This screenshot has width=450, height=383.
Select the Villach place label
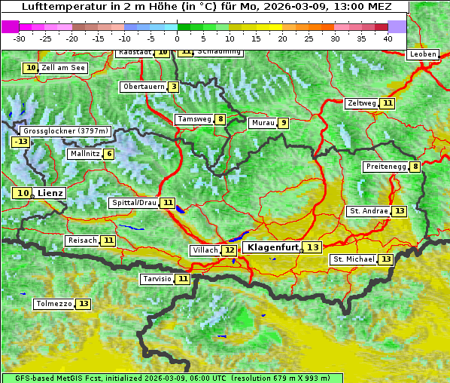[204, 250]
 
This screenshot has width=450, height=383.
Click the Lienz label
[50, 193]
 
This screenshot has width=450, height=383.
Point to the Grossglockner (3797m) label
[66, 130]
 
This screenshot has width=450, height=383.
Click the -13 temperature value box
[20, 142]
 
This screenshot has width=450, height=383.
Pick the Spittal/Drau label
[134, 203]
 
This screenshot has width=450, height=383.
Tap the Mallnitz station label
[84, 154]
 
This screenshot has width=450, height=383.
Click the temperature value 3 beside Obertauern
[174, 87]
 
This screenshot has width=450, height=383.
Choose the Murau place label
[263, 123]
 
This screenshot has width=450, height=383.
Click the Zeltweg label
[361, 103]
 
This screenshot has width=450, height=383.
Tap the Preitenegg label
[385, 167]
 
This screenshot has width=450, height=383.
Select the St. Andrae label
[368, 211]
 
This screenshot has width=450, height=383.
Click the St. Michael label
[354, 259]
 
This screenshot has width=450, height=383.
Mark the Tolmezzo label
[53, 304]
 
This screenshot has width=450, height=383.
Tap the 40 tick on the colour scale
[388, 38]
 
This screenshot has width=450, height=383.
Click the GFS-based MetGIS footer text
[172, 378]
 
